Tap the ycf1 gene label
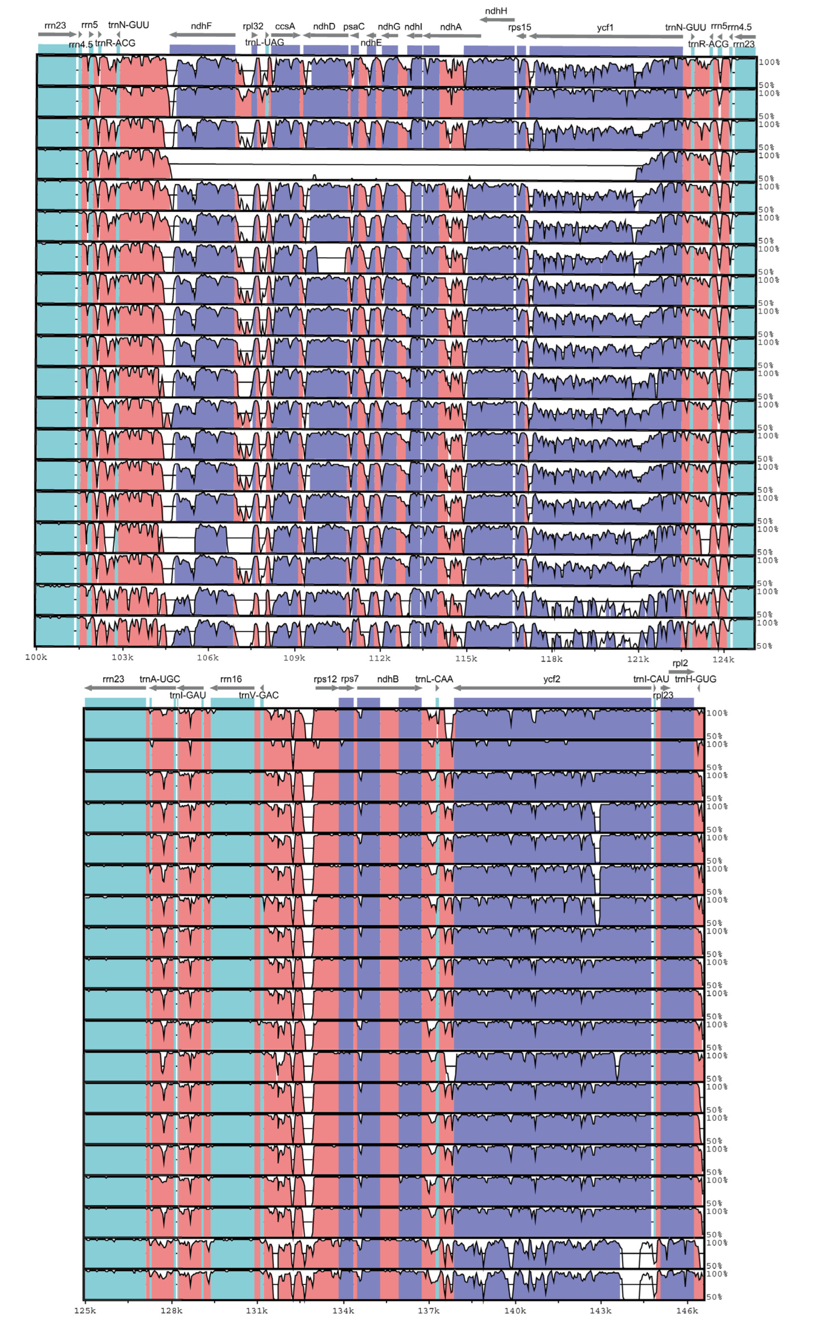pos(605,28)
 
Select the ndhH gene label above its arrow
pos(496,11)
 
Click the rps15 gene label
pos(519,28)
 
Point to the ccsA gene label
pos(285,26)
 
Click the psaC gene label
pos(354,26)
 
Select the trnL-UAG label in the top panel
pos(264,43)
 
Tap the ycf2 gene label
pos(551,679)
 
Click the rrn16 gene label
pos(231,679)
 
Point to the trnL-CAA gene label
pos(434,679)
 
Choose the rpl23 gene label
pos(663,695)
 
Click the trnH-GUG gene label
pos(695,679)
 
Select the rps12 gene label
pos(325,679)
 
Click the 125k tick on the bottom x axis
pos(85,1311)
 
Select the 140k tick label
pos(515,1311)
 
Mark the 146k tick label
pos(687,1311)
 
